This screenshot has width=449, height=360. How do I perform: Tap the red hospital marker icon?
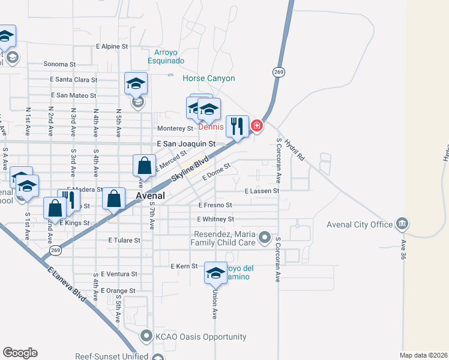257,125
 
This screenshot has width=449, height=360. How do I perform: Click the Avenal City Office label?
359,225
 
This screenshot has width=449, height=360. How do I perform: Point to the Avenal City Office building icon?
402,224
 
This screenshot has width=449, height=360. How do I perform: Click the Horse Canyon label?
209,78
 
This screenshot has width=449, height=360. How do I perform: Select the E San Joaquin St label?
185,144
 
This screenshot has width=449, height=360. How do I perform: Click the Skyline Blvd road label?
190,169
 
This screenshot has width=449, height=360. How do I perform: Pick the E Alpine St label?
112,46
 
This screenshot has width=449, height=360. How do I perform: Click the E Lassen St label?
262,191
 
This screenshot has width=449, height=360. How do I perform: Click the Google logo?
20,353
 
